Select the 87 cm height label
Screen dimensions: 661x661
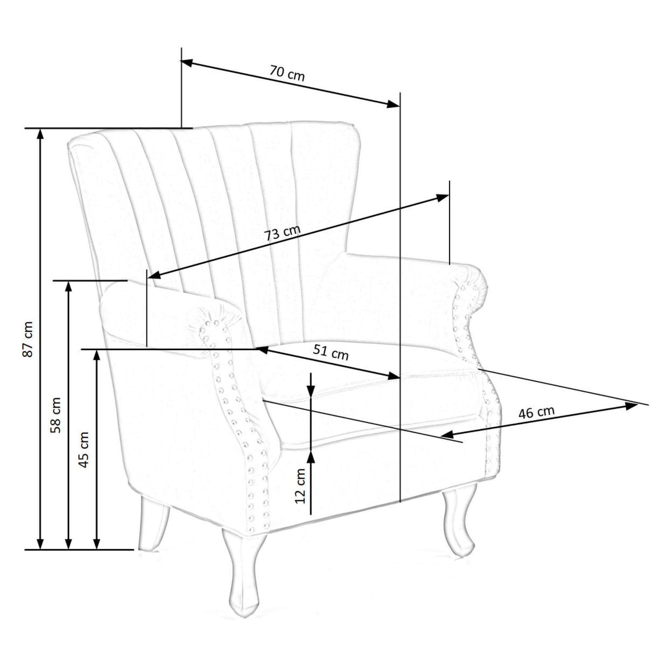click(x=28, y=339)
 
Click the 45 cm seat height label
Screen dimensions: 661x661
click(x=84, y=449)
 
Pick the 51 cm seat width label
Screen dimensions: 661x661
click(x=330, y=352)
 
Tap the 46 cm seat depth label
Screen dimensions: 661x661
click(x=536, y=412)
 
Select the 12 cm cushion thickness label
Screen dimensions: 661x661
click(x=300, y=486)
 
